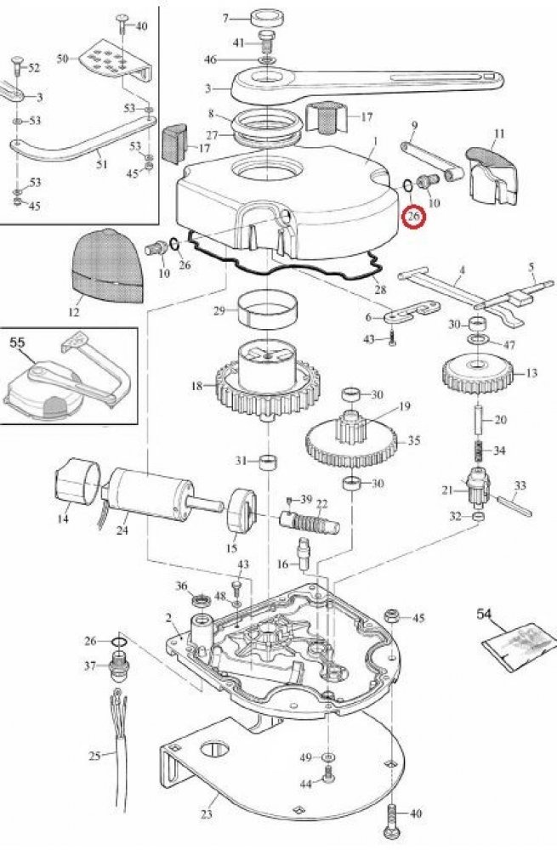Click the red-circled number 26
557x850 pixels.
414,217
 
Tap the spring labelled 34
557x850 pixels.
477,450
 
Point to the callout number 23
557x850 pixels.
205,814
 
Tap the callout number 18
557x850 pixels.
197,385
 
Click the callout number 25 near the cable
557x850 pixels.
94,755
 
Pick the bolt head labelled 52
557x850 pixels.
15,62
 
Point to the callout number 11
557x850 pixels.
499,134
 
